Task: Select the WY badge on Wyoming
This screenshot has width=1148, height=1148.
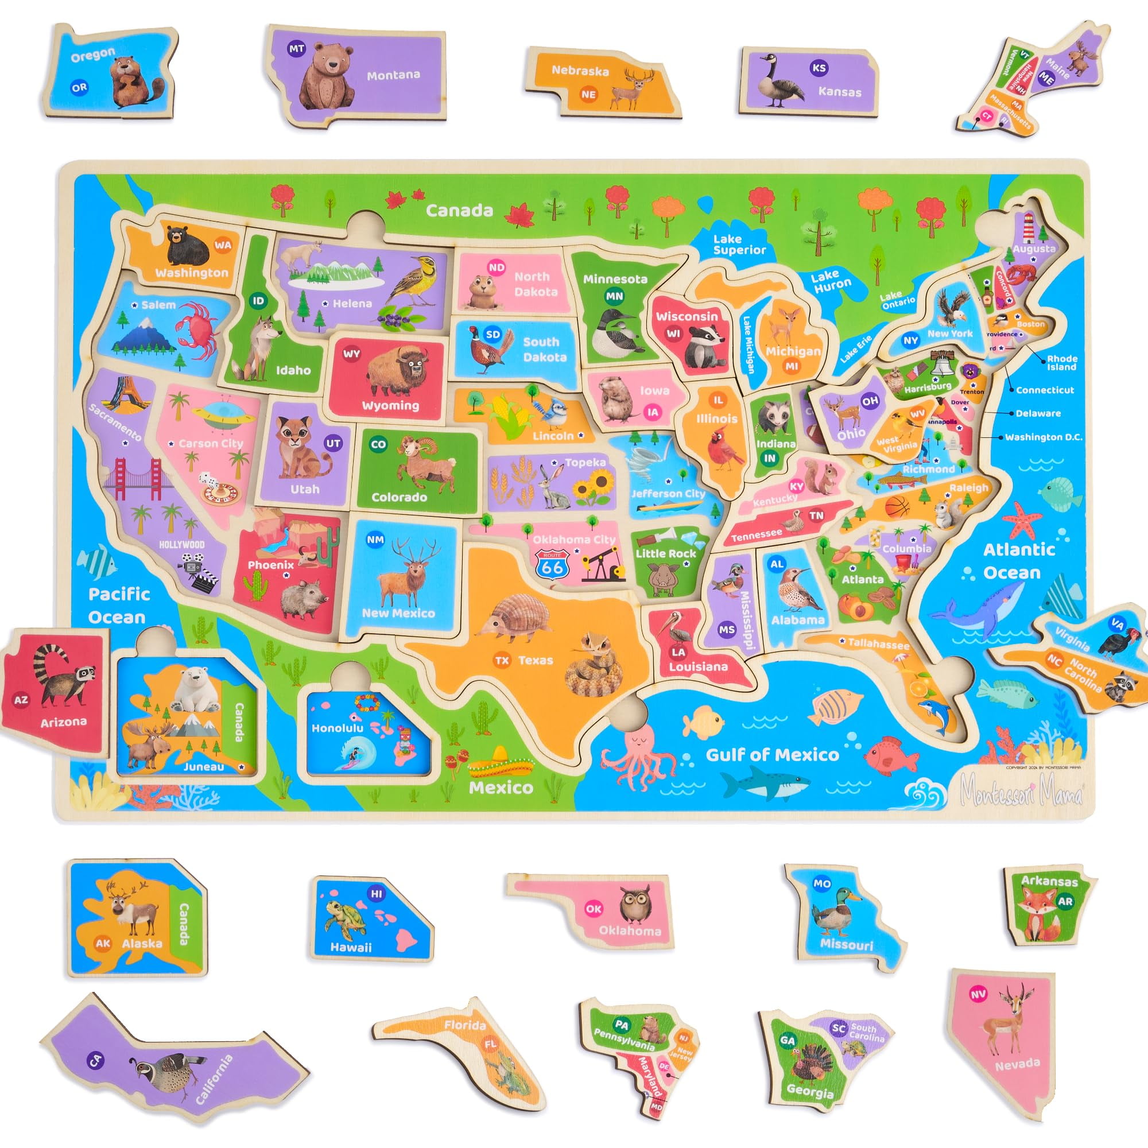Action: click(x=352, y=354)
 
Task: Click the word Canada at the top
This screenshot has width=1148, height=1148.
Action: click(x=459, y=210)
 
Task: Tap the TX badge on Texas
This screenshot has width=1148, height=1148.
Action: click(x=502, y=660)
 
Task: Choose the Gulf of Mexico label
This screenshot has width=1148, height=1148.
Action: click(x=772, y=755)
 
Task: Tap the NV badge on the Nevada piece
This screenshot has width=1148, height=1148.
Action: click(x=978, y=994)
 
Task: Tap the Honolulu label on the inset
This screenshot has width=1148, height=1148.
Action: click(x=337, y=728)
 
